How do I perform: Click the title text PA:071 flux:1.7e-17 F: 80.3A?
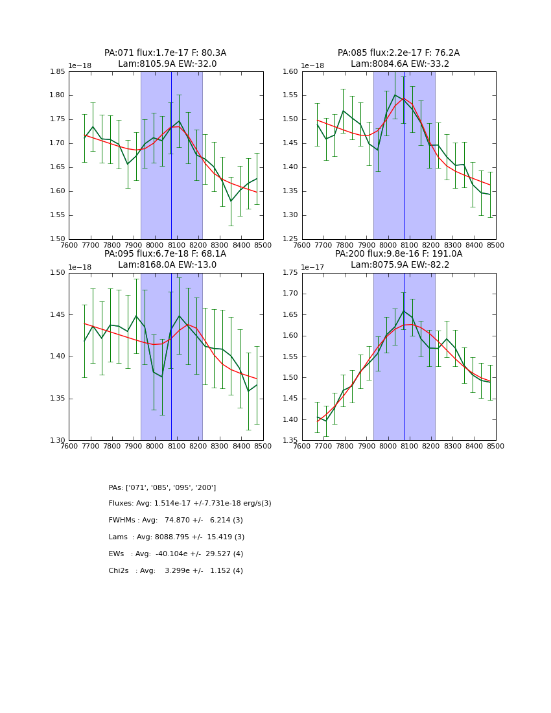coord(165,53)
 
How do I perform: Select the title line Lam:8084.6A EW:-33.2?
coord(399,64)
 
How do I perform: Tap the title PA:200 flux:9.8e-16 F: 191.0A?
coord(399,254)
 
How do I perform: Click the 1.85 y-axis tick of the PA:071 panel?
coord(57,72)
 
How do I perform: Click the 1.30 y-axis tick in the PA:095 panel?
coord(57,441)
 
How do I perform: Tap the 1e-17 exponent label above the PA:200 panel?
coord(314,267)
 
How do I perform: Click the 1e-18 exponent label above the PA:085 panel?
coord(314,66)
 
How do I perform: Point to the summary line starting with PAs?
coord(162,487)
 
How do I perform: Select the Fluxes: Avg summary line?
coord(190,504)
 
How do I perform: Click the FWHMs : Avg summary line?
coord(176,520)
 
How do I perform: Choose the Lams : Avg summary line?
coord(176,537)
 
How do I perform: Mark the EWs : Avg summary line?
coord(176,554)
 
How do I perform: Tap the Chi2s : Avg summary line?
coord(176,571)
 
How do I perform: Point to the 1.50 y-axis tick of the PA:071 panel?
coord(57,239)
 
